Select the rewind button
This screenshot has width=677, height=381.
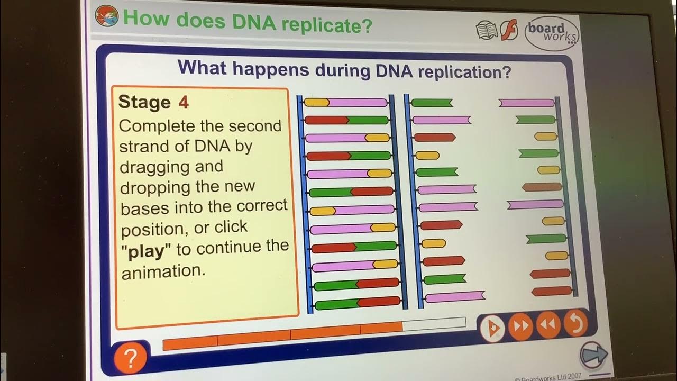(548, 325)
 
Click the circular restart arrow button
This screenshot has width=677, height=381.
(575, 323)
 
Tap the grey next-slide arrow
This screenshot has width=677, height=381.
(593, 355)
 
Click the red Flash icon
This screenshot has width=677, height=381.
(509, 31)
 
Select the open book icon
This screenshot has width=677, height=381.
(487, 31)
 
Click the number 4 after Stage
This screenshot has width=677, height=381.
(183, 102)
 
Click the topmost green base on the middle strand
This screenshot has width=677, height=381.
(432, 103)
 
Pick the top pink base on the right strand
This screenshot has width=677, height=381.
(526, 103)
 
